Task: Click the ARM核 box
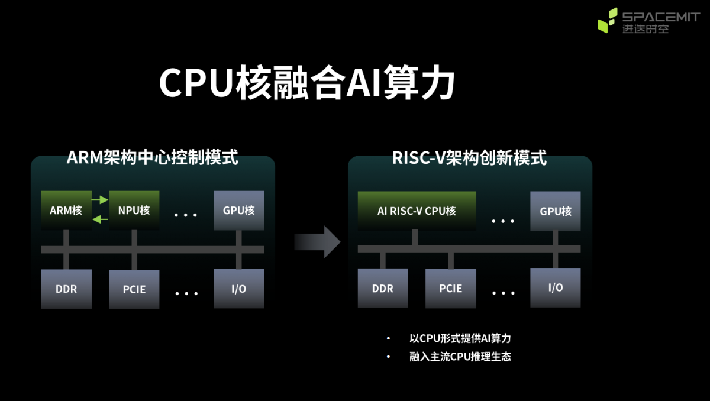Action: [x=66, y=211]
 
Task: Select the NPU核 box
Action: [x=134, y=211]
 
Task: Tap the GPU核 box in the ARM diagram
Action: [x=238, y=211]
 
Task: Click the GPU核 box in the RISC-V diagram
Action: [x=555, y=211]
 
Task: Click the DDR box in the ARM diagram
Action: [x=66, y=289]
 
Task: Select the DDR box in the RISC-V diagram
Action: [x=383, y=289]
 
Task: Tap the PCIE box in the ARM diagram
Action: [x=134, y=289]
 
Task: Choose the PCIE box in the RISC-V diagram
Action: [x=450, y=289]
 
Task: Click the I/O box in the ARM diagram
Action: [x=238, y=289]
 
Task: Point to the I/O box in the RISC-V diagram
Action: [x=555, y=288]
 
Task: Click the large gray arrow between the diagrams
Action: [x=318, y=241]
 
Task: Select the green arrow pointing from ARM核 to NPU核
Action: [x=100, y=200]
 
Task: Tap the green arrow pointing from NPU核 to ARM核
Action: [x=100, y=220]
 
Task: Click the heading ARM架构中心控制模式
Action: [x=153, y=158]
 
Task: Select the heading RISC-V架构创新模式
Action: [x=469, y=158]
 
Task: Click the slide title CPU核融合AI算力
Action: [x=306, y=83]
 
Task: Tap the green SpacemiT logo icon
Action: [x=607, y=21]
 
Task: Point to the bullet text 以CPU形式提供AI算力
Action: [x=460, y=339]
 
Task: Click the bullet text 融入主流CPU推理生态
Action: [x=460, y=357]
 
